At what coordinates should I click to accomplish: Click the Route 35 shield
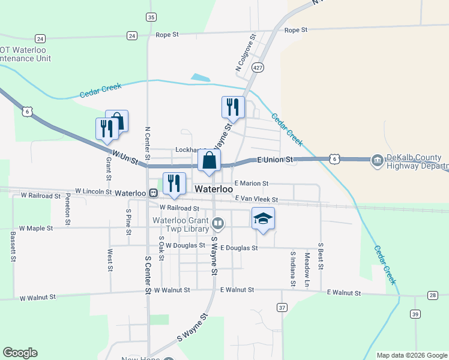pyautogui.click(x=151, y=17)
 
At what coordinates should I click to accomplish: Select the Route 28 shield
pyautogui.click(x=432, y=295)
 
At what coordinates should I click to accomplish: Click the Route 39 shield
pyautogui.click(x=415, y=314)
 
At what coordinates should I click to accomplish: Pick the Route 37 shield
pyautogui.click(x=282, y=307)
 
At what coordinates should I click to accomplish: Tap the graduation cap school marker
pyautogui.click(x=262, y=218)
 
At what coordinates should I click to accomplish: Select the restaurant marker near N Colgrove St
pyautogui.click(x=232, y=107)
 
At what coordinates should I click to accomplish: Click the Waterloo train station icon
pyautogui.click(x=154, y=193)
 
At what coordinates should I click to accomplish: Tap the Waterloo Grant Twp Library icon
pyautogui.click(x=218, y=224)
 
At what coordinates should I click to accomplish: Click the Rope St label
pyautogui.click(x=295, y=29)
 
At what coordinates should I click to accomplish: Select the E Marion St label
pyautogui.click(x=251, y=183)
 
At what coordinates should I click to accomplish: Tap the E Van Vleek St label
pyautogui.click(x=256, y=199)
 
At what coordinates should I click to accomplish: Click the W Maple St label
pyautogui.click(x=36, y=228)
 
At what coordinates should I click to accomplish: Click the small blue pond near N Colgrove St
pyautogui.click(x=200, y=77)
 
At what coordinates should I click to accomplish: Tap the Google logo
pyautogui.click(x=20, y=353)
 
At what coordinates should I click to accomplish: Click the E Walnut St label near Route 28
pyautogui.click(x=344, y=293)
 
